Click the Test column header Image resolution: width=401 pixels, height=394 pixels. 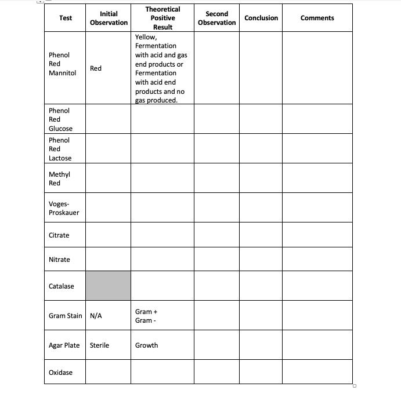coord(66,18)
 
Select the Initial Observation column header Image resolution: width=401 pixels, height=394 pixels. coord(109,18)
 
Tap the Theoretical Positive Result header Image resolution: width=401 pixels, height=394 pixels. coord(162,18)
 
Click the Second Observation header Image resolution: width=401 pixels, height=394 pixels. coord(216,18)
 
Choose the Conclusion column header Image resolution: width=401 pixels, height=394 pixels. coord(261,18)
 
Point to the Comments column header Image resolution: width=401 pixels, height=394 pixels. coord(317,18)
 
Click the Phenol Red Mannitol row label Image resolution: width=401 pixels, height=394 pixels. coord(62,64)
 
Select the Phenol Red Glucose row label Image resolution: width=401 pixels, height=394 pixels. coord(60,119)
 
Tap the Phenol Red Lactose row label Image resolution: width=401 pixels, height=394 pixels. coord(60,149)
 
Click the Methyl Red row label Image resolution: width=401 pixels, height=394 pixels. coord(59,178)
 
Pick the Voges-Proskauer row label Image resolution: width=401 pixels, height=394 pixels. coord(64,208)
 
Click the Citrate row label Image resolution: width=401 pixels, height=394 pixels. coord(59,235)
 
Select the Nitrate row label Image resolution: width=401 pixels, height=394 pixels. coord(59,260)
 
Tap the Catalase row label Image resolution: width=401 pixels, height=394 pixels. coord(62,286)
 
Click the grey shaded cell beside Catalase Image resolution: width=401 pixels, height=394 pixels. coord(108,286)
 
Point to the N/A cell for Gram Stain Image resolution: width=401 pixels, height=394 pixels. coord(96,316)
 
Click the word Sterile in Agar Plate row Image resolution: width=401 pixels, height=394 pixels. coord(99,345)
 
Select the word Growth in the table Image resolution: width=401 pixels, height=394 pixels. coord(146,345)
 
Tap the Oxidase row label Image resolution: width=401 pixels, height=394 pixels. coord(61,373)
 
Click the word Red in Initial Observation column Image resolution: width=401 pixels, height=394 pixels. coord(96,68)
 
